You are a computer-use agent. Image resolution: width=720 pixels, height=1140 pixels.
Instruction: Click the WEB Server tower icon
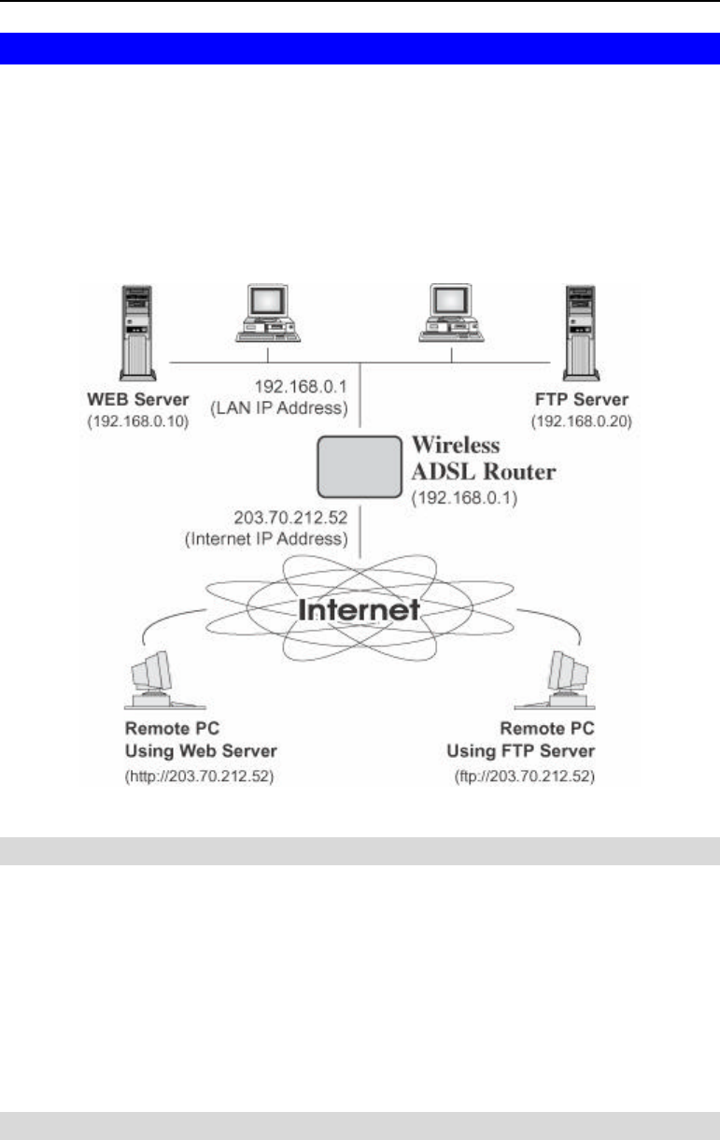click(x=137, y=333)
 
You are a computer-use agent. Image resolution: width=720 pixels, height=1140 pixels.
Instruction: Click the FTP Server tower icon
click(x=581, y=333)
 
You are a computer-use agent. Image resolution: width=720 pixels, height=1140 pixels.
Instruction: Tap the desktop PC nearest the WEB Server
click(x=268, y=313)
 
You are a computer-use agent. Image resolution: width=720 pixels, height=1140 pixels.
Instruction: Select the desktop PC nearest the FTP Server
click(x=451, y=313)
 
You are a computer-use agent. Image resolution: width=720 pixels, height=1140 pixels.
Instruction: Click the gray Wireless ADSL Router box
click(x=360, y=466)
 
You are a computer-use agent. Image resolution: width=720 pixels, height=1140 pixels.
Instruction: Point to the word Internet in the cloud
click(x=359, y=609)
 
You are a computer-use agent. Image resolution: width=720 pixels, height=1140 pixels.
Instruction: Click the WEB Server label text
click(x=138, y=400)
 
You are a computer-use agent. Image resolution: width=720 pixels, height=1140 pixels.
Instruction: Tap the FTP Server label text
click(x=582, y=400)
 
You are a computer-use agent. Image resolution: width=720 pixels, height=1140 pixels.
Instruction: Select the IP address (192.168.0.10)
click(x=138, y=421)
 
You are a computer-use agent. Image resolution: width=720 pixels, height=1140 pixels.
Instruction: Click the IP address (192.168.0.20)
click(x=582, y=421)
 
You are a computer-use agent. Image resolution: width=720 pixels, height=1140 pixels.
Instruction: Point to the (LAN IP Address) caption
click(x=279, y=408)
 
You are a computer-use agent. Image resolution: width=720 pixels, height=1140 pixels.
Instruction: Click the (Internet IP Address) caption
click(x=266, y=539)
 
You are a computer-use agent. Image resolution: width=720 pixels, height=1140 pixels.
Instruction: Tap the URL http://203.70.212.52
click(x=199, y=777)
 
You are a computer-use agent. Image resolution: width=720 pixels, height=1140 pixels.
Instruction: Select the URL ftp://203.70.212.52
click(x=525, y=777)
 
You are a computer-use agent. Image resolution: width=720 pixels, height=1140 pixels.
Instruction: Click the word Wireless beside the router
click(x=456, y=445)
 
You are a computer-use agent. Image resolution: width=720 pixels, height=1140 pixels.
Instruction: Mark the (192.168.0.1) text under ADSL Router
click(x=464, y=498)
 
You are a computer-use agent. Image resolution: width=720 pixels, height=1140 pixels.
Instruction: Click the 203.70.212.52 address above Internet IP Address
click(x=290, y=518)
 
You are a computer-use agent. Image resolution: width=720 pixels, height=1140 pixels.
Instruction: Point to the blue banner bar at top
click(x=360, y=49)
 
